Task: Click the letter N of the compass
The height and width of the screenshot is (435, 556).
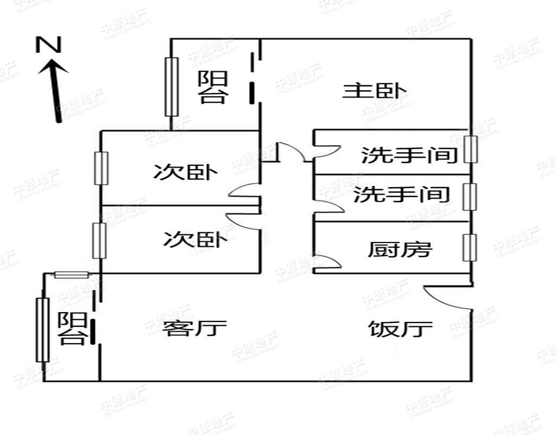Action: click(x=48, y=45)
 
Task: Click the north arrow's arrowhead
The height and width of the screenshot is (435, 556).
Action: click(x=53, y=67)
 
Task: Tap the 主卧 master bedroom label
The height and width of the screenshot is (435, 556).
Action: click(x=374, y=91)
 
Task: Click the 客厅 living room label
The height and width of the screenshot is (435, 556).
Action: click(x=194, y=328)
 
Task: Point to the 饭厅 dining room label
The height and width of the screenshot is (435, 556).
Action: click(x=400, y=328)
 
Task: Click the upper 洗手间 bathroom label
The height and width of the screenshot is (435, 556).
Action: click(x=409, y=155)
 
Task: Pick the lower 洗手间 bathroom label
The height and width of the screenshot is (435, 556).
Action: click(x=401, y=194)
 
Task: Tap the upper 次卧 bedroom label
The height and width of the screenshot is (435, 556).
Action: click(x=185, y=172)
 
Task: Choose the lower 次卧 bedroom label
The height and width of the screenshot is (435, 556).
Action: click(x=195, y=239)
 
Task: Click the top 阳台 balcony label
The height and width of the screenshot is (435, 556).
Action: click(x=212, y=87)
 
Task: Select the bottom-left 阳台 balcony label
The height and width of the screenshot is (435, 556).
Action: click(x=72, y=328)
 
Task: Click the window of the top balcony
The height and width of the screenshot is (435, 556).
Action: click(x=172, y=87)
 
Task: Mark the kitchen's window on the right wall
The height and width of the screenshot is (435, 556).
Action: click(x=470, y=247)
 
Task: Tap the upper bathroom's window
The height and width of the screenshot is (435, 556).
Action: click(x=471, y=149)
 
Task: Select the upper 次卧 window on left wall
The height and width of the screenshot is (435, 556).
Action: click(x=102, y=169)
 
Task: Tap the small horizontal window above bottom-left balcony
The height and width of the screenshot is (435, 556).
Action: click(x=71, y=275)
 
